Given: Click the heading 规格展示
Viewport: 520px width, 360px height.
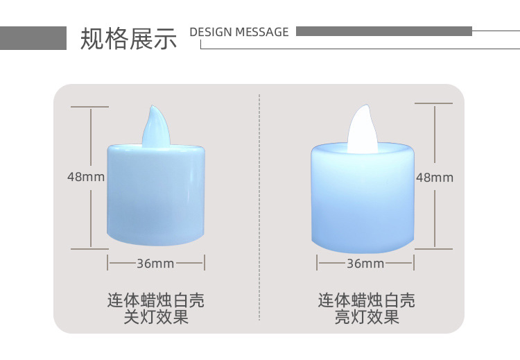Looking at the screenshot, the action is click(129, 39).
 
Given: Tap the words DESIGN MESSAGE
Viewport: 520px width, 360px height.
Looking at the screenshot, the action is click(239, 32).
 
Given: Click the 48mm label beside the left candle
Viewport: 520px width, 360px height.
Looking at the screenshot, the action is click(86, 177).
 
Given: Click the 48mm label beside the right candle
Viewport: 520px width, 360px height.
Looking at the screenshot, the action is click(435, 177).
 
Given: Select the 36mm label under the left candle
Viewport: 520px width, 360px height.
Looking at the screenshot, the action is click(155, 264).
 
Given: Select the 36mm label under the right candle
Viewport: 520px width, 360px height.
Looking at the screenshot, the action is click(365, 264).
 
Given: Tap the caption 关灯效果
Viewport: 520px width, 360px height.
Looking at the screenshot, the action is click(155, 318).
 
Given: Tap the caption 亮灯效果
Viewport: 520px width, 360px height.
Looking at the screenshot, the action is click(367, 318).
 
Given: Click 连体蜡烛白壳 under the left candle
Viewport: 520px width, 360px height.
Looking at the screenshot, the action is click(155, 301).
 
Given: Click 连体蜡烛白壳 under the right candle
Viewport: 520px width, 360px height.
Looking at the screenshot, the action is click(367, 301).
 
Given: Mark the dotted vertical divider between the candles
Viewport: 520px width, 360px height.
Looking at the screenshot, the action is click(259, 208).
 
